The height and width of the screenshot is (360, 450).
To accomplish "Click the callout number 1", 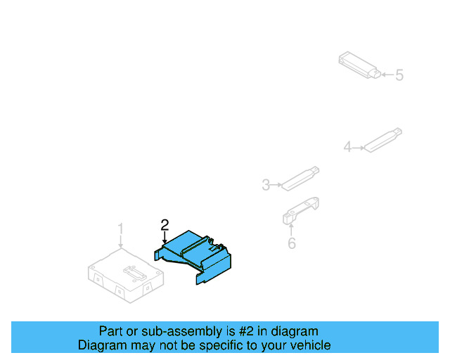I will (x=120, y=229).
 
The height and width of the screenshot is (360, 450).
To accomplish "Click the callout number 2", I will (x=165, y=225).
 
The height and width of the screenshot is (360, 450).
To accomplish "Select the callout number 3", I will (x=266, y=185).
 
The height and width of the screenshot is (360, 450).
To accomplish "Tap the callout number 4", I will (x=347, y=147).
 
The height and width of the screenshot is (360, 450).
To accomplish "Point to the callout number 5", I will (x=399, y=75).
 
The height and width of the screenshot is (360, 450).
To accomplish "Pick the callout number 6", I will (x=292, y=243).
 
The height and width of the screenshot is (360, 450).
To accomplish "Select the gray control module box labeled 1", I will (x=123, y=274).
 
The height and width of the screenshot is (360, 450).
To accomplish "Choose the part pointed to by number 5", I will (x=359, y=64).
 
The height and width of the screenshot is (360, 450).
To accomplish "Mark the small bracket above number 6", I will (x=301, y=210).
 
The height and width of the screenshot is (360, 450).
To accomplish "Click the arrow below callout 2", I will (x=165, y=238).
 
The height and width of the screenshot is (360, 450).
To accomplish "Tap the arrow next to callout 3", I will (x=276, y=185).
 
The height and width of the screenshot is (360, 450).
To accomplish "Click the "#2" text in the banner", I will (x=252, y=331).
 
